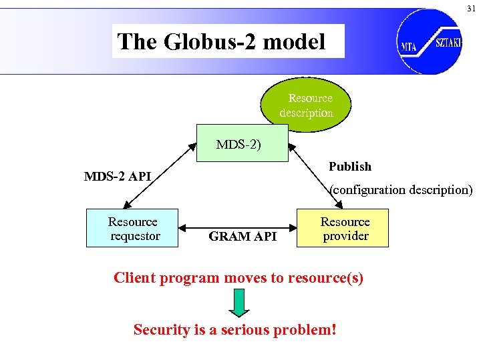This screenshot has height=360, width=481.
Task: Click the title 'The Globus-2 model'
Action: click(222, 42)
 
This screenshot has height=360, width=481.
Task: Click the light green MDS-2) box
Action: click(242, 143)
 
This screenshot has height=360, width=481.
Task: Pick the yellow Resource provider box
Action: click(344, 229)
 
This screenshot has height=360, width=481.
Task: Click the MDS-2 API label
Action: click(117, 177)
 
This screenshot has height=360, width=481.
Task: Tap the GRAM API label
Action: click(243, 236)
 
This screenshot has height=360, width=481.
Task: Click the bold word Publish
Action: click(350, 166)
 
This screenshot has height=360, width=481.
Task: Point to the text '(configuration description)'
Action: click(402, 189)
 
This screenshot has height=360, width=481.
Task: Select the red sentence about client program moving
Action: click(238, 277)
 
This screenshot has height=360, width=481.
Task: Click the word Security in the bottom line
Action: click(161, 329)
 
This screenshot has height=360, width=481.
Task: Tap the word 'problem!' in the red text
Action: click(305, 329)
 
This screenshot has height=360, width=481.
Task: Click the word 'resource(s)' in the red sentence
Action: click(325, 277)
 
